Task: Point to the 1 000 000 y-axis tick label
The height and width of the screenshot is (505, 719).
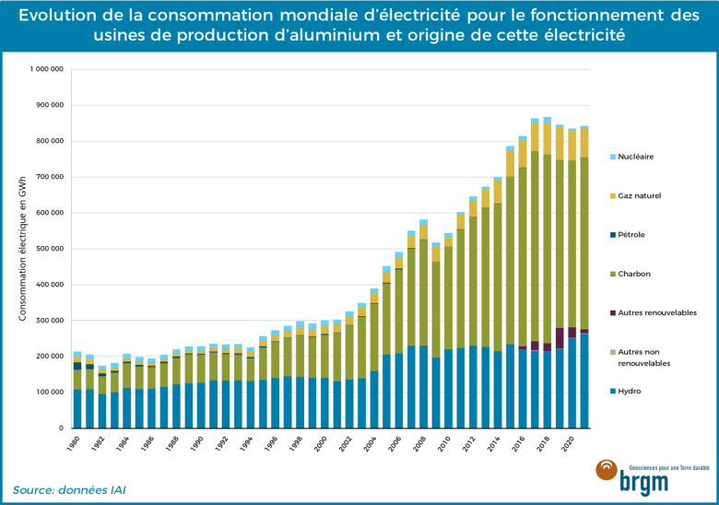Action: click(46, 69)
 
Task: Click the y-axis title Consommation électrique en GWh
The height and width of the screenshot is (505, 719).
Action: click(22, 249)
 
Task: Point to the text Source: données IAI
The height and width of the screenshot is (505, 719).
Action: click(69, 489)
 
